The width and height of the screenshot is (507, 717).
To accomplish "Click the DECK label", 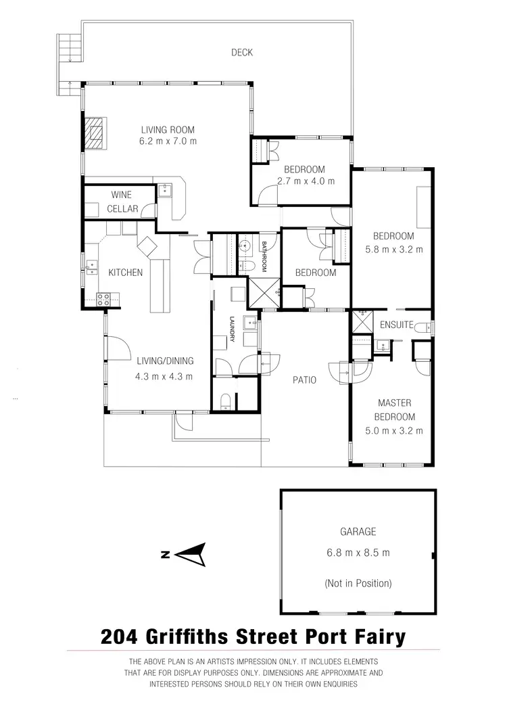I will pyautogui.click(x=241, y=52).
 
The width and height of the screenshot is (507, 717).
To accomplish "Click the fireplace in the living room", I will pyautogui.click(x=95, y=133).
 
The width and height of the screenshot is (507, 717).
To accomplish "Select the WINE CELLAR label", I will pyautogui.click(x=122, y=202).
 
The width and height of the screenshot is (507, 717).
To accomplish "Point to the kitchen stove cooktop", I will pyautogui.click(x=105, y=297).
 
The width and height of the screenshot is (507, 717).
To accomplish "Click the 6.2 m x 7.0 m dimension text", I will pyautogui.click(x=168, y=142).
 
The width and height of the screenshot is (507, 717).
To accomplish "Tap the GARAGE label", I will pyautogui.click(x=358, y=532).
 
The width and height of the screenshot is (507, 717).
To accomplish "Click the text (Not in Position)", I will pyautogui.click(x=358, y=583).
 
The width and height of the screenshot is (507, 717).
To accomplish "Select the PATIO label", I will pyautogui.click(x=304, y=380).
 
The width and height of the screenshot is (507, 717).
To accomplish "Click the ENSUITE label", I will pyautogui.click(x=396, y=325).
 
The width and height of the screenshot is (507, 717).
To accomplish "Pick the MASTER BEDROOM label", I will pyautogui.click(x=395, y=410).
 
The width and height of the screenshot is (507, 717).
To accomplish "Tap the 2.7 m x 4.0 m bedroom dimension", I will pyautogui.click(x=305, y=181).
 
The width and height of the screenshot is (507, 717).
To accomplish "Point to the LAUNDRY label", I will pyautogui.click(x=232, y=329).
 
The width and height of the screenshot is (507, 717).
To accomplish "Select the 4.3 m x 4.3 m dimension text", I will pyautogui.click(x=166, y=377).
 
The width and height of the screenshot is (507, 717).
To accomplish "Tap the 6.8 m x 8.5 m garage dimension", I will pyautogui.click(x=358, y=553).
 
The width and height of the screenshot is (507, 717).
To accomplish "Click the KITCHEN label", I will pyautogui.click(x=126, y=273).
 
